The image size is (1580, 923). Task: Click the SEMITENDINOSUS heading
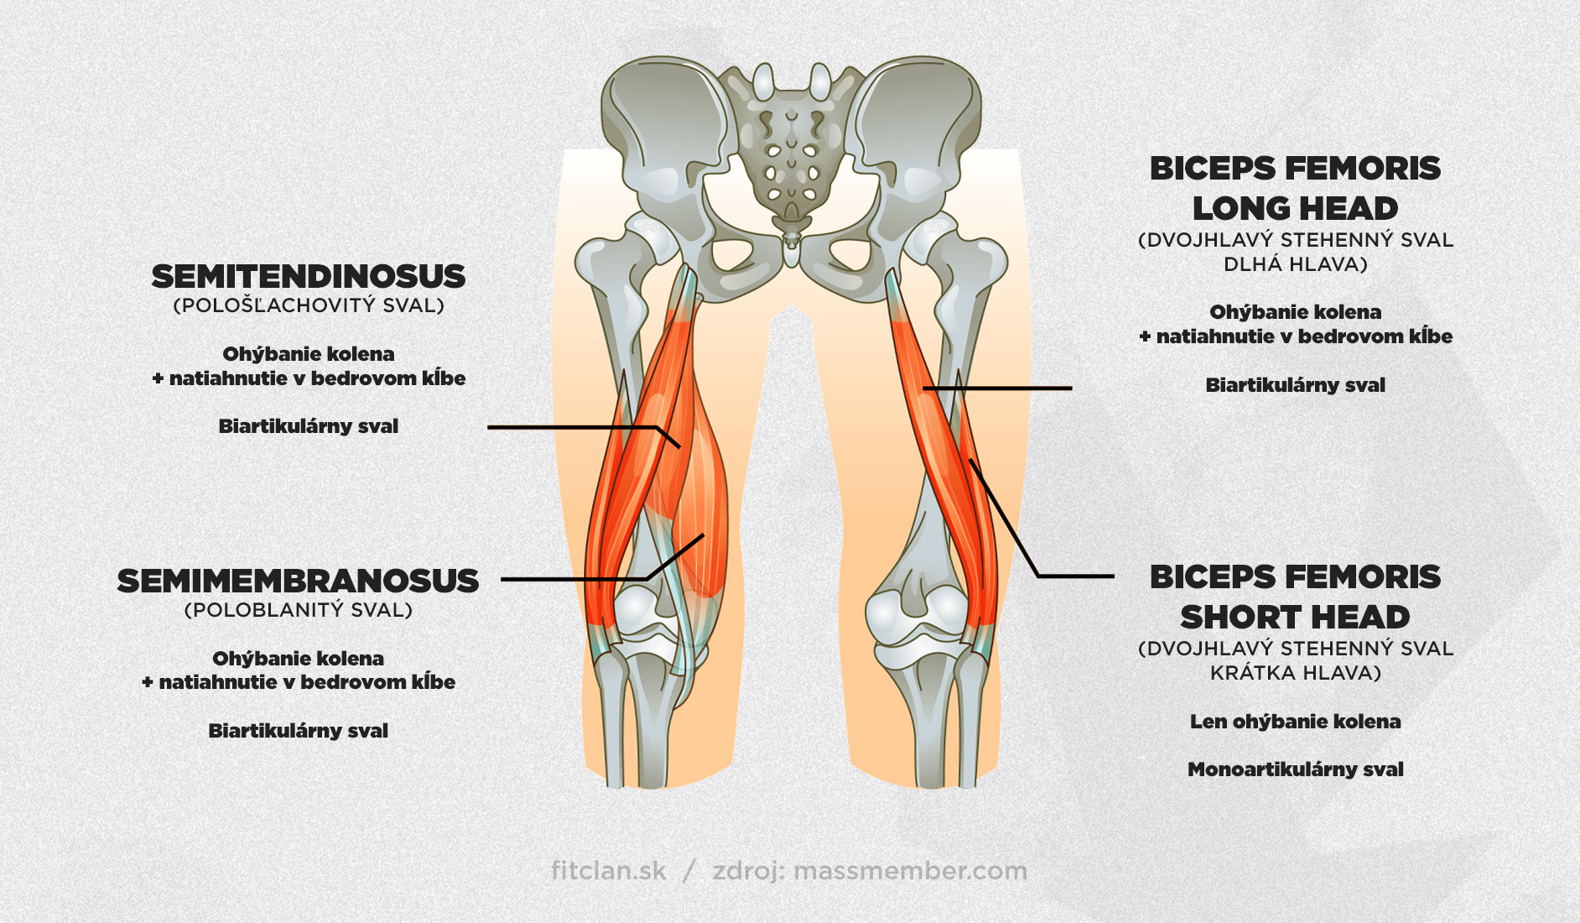coord(308,276)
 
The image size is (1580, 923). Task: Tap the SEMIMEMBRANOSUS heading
coord(298,581)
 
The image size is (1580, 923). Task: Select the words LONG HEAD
coord(1295,208)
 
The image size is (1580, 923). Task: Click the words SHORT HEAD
coord(1295,617)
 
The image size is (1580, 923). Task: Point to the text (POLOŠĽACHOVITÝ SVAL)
coord(308,305)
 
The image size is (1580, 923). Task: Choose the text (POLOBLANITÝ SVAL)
coord(298,610)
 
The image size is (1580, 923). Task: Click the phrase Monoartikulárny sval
coord(1295,769)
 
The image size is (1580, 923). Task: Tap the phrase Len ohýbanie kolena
coord(1295,722)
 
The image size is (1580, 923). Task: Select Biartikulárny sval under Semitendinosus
coord(308,426)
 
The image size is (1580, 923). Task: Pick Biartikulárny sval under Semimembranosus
coord(298,731)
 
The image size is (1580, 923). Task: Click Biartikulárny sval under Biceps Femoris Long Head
coord(1295,385)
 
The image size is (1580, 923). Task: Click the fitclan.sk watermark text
coord(609,871)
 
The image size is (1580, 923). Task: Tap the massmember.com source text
coord(910,871)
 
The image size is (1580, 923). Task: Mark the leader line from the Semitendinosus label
coord(570,427)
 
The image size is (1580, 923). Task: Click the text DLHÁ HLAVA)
coord(1295,264)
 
